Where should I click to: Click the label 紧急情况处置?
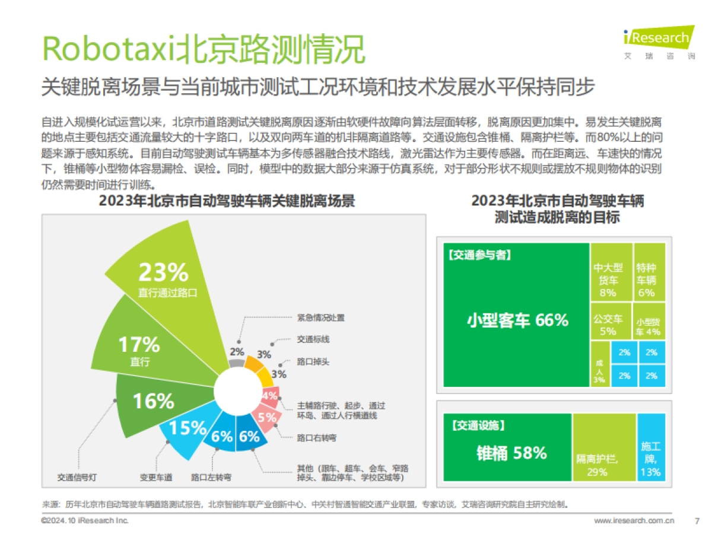pyautogui.click(x=320, y=317)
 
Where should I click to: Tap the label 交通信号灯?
pyautogui.click(x=77, y=477)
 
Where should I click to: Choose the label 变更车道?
pyautogui.click(x=156, y=477)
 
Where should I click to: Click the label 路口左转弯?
pyautogui.click(x=211, y=477)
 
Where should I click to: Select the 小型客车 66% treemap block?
pyautogui.click(x=516, y=320)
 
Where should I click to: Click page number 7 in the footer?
pyautogui.click(x=697, y=521)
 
